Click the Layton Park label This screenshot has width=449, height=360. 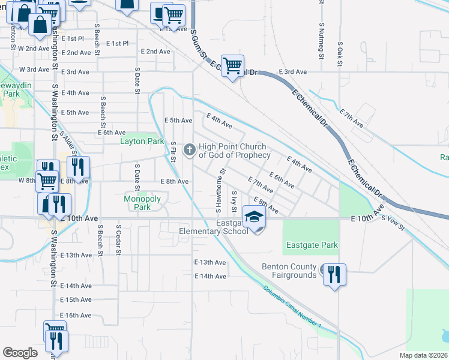coord(142,142)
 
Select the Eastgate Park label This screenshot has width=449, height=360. coord(312,245)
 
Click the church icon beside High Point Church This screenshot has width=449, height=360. coord(190,149)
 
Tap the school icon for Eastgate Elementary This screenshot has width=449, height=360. coord(254,216)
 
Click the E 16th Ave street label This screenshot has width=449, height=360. coord(76,315)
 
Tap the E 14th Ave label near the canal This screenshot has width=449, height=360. coord(210,276)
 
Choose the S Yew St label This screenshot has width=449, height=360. coord(393,222)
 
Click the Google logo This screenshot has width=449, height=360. coord(20,353)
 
